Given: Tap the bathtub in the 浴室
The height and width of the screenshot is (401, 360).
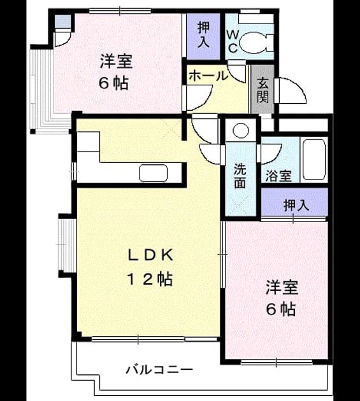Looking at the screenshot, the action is point(314,160).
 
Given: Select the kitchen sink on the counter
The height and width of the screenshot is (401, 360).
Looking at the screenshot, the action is point(154,173).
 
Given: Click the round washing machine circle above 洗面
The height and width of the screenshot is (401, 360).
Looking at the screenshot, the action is point(241,130).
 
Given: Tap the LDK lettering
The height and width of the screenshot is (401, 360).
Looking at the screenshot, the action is point(150,255).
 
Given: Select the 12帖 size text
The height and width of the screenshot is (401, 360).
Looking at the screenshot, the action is point(150,279).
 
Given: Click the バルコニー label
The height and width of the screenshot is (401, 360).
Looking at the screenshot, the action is point(159,370).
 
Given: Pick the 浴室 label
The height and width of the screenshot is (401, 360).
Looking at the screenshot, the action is point(278,176).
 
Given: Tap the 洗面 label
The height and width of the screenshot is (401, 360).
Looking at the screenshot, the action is point(240,176).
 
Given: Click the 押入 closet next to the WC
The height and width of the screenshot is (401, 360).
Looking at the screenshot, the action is point(203,36).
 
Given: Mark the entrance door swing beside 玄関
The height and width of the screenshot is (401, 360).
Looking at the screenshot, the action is point(291,90).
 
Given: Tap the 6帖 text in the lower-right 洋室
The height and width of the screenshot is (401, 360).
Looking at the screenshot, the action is point(281,309).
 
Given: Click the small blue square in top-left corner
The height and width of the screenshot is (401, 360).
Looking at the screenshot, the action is point(62,22).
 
